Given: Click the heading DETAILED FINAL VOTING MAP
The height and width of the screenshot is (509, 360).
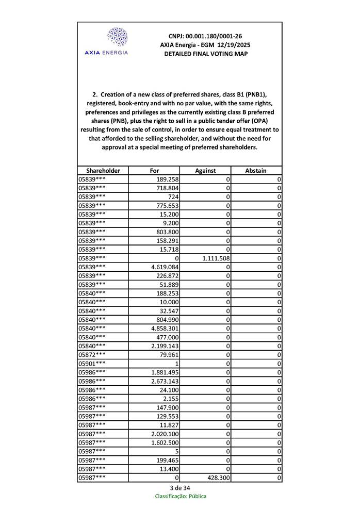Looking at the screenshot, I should point(205,54).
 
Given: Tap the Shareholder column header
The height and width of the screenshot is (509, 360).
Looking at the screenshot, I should point(103,170).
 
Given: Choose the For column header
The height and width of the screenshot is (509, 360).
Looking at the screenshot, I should point(154,170).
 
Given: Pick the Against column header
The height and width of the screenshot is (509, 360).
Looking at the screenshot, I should point(205,170).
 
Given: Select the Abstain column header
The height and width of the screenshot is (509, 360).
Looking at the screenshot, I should point(256,170).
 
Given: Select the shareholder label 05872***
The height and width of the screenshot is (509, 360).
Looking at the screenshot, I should point(92,355).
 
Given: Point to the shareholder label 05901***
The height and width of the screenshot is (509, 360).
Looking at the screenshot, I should point(92,364).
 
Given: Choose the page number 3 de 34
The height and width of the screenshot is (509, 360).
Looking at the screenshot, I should point(179,488).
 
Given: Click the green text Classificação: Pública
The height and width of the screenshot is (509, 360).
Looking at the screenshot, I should point(181,496).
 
